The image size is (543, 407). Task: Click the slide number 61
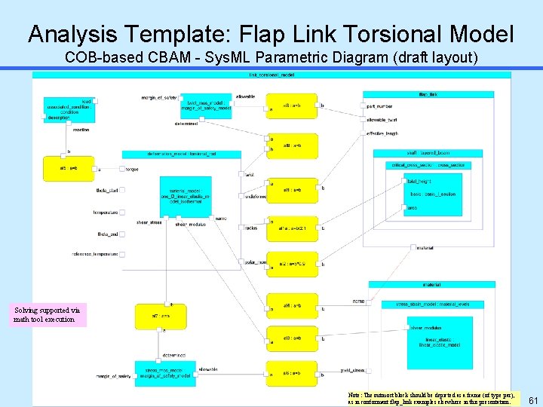(x=533, y=399)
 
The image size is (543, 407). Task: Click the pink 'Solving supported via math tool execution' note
(x=49, y=315)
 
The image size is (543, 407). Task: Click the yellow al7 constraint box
(x=155, y=316)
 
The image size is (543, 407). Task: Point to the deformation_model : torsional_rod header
(x=182, y=154)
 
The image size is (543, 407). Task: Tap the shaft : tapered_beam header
(x=428, y=154)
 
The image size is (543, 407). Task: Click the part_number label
(x=378, y=106)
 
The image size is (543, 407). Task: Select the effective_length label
(x=382, y=133)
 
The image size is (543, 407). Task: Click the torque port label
(x=132, y=170)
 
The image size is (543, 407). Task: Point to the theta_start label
(x=107, y=191)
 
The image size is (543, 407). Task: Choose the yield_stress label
(x=353, y=370)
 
